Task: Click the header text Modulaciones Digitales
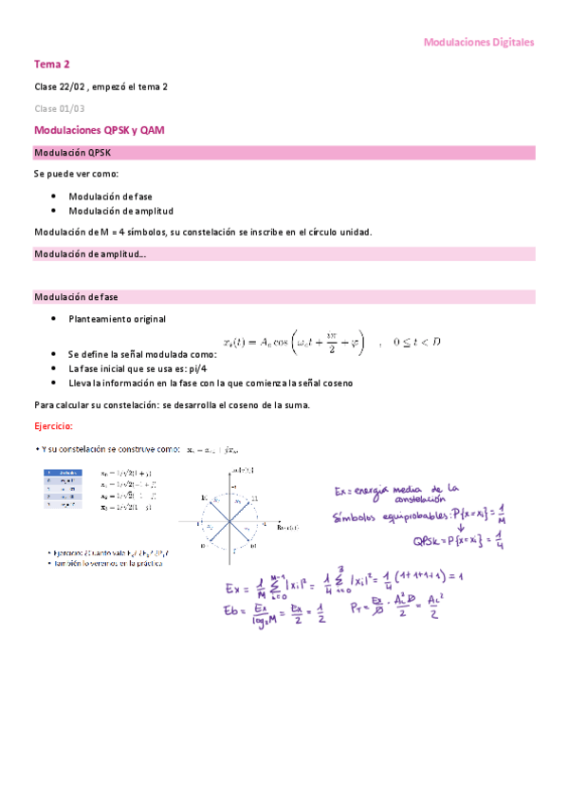479,43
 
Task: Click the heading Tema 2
52,65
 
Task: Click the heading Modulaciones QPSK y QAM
100,130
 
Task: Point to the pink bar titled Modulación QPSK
284,152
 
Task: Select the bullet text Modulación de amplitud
120,211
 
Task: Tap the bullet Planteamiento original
117,319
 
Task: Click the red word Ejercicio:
53,426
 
